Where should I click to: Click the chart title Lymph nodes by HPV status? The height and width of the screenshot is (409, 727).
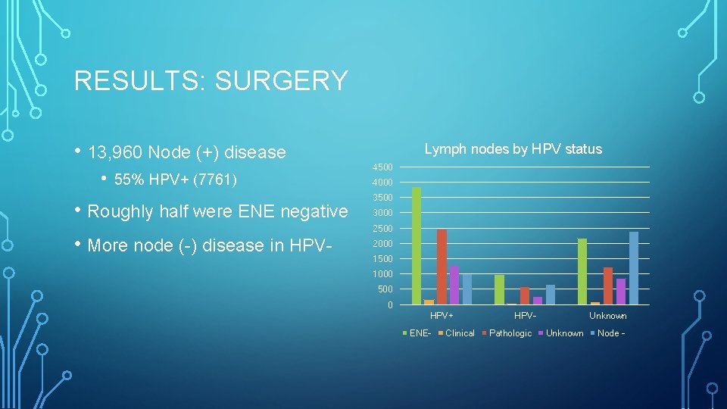[x=513, y=149]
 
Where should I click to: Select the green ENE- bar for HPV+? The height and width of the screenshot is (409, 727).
[x=416, y=245]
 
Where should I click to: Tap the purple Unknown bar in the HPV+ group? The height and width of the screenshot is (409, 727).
[x=454, y=285]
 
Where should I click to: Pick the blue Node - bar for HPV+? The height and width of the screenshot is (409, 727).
[x=467, y=289]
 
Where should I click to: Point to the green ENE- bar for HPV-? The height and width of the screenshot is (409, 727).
[x=499, y=289]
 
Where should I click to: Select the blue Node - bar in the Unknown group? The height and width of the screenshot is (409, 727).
[x=634, y=268]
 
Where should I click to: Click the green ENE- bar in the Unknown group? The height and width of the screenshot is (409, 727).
[x=582, y=271]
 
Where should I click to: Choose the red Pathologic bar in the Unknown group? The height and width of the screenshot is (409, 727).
[x=608, y=286]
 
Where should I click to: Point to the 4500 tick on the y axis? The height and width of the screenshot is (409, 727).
[x=382, y=167]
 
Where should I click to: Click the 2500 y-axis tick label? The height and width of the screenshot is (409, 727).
[x=382, y=228]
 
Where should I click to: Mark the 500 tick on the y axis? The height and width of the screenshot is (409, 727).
[x=384, y=289]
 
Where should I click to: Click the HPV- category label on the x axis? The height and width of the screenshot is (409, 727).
[x=525, y=316]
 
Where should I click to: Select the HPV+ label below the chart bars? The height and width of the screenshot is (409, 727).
[x=442, y=316]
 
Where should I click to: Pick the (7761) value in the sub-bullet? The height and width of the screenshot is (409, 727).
[x=216, y=180]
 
